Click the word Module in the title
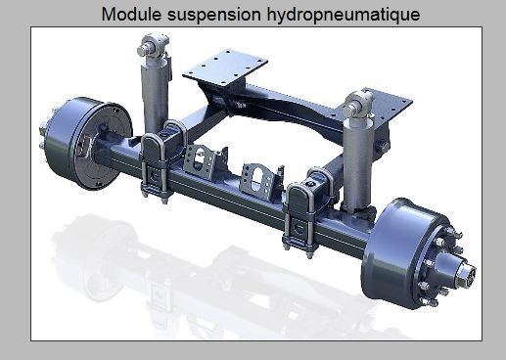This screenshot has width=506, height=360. [x=131, y=14]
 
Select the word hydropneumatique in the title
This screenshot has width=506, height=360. [x=344, y=15]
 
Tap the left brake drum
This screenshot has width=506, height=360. [x=88, y=143]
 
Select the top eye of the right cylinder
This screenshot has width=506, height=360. [x=359, y=104]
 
